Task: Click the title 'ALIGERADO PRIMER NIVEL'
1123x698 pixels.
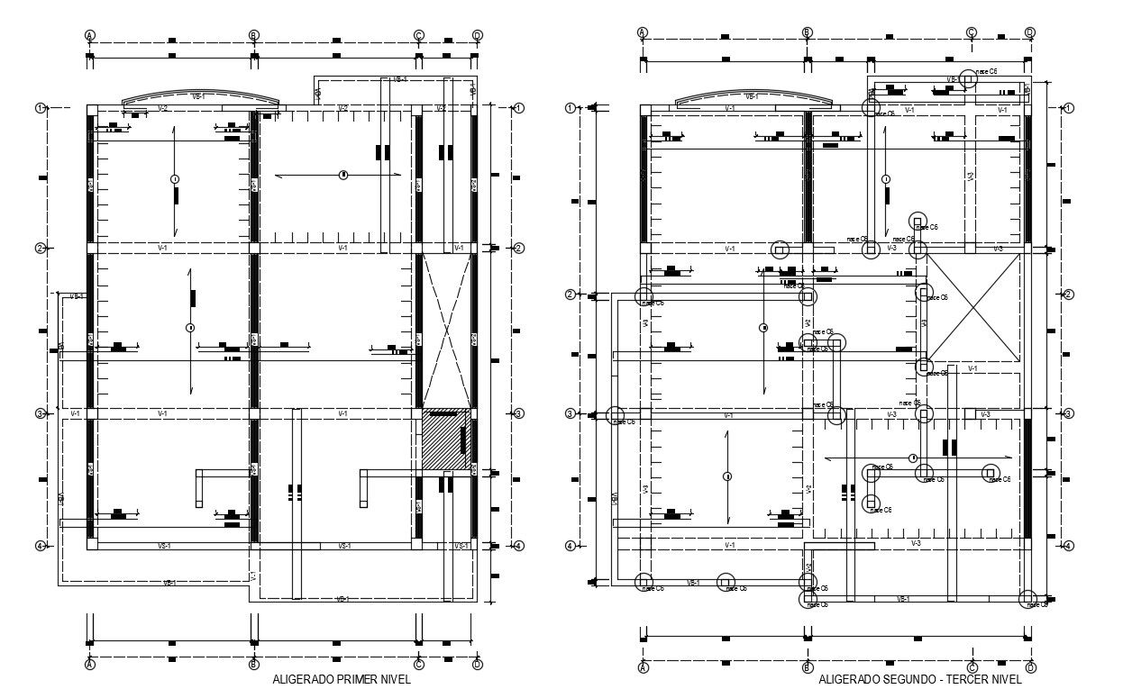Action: [x=347, y=680]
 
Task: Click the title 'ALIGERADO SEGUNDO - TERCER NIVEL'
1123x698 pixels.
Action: [x=919, y=680]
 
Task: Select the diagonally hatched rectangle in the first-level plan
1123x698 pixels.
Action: [x=446, y=440]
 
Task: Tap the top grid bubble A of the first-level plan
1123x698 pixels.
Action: [x=90, y=35]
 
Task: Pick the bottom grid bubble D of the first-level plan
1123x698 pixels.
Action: [x=477, y=665]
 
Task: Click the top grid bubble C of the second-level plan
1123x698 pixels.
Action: [x=972, y=32]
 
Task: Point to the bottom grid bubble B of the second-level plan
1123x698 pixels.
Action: [x=808, y=667]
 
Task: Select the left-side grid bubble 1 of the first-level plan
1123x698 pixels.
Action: [x=40, y=108]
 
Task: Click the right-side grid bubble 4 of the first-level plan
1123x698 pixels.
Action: [x=519, y=546]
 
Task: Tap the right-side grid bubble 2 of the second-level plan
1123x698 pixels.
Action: [x=1068, y=295]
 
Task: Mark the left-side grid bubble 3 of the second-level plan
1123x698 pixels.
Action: [x=570, y=413]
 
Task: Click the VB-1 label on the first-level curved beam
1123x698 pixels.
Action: [x=198, y=95]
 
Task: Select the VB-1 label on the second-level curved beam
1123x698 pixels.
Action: [x=751, y=95]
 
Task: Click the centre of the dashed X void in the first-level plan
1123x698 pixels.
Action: [x=446, y=330]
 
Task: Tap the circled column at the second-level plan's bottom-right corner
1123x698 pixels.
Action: [x=1028, y=598]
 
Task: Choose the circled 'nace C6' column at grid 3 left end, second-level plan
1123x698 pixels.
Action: [x=616, y=415]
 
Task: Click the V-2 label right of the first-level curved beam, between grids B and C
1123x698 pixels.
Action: [x=342, y=108]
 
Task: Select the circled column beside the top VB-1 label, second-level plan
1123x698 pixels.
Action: [x=968, y=79]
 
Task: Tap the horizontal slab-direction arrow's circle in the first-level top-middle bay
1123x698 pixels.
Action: [x=342, y=175]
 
